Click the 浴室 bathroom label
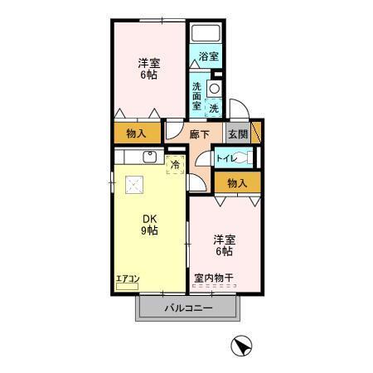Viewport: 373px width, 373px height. [208, 57]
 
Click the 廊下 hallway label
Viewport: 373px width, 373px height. [199, 134]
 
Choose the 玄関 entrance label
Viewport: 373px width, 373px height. [237, 134]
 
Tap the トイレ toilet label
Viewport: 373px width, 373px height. [227, 157]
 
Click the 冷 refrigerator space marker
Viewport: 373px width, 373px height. [175, 165]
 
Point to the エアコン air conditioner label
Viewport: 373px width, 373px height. [127, 279]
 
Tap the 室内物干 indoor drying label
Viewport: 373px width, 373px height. [213, 278]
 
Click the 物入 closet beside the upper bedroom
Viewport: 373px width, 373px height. [137, 133]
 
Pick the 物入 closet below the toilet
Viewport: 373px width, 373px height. [236, 182]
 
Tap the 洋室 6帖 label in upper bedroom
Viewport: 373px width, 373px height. [148, 68]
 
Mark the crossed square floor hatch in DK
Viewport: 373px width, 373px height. [133, 187]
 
